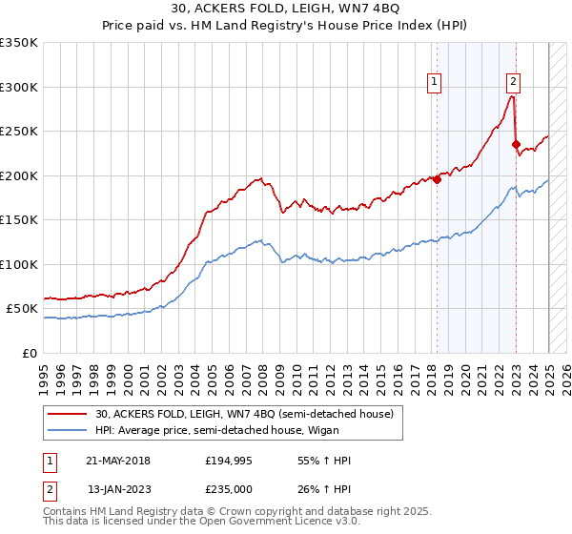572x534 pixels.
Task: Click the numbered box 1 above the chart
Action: click(x=434, y=82)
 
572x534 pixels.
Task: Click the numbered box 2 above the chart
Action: click(x=513, y=82)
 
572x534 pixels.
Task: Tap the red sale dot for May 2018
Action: click(x=437, y=179)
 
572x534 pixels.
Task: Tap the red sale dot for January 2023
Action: click(x=516, y=145)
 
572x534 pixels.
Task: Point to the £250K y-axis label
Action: click(x=19, y=132)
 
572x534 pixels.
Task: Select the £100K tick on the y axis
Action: click(x=19, y=264)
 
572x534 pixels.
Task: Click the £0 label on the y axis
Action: click(x=29, y=353)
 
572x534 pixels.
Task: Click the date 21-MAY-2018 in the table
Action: click(x=118, y=461)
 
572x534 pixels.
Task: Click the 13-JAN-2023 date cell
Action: click(x=118, y=489)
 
